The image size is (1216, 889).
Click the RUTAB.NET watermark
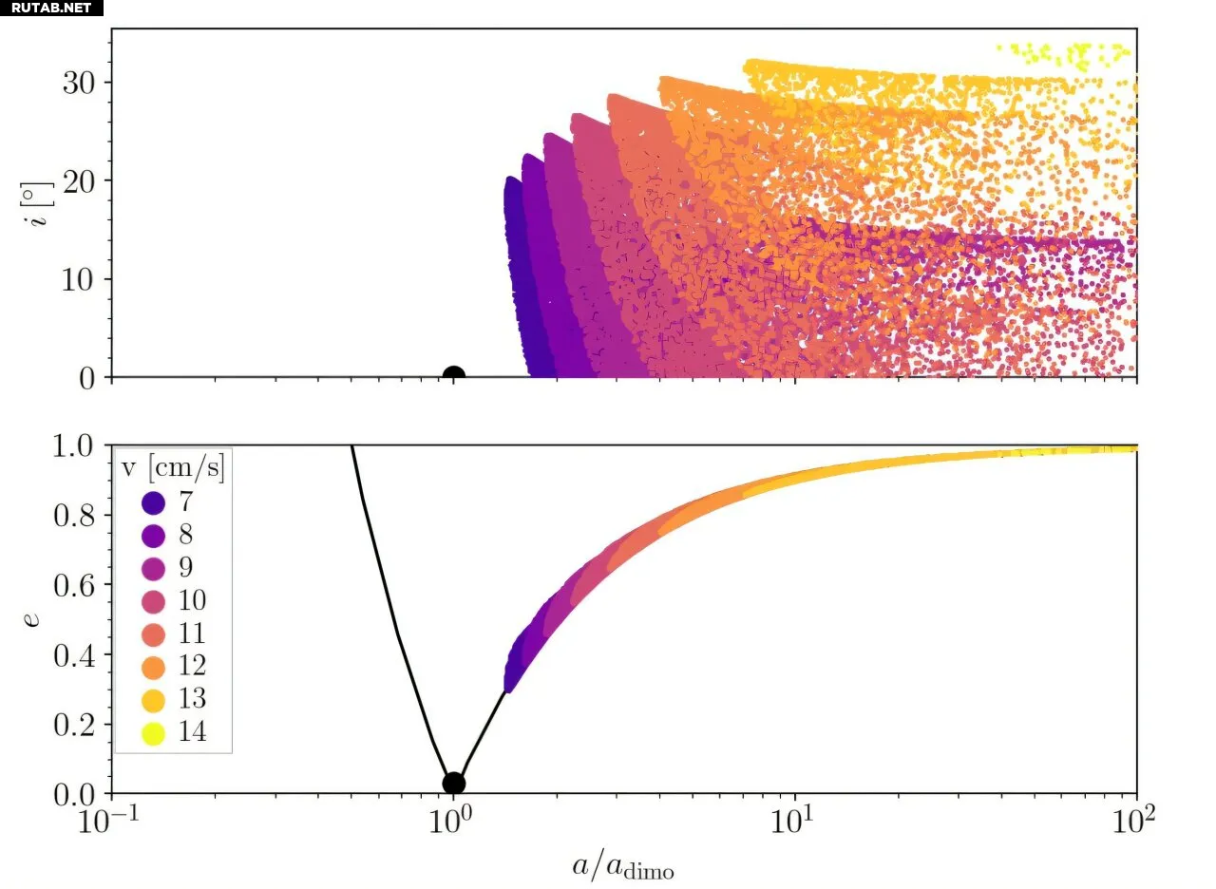(51, 8)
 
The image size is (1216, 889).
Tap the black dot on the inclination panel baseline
(454, 376)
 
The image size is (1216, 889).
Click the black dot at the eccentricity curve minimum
(454, 784)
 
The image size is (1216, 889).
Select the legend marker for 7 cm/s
(151, 501)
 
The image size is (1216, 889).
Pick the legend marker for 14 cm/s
(151, 732)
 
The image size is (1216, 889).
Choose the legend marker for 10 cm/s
(151, 600)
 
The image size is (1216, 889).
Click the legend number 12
(192, 666)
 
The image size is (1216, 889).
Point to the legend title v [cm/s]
(174, 469)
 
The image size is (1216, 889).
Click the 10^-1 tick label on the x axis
(111, 820)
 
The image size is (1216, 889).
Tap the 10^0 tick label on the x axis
(454, 820)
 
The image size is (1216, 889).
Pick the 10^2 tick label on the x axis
(1136, 820)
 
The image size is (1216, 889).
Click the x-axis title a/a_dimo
(623, 866)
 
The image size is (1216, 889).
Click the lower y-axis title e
(33, 619)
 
